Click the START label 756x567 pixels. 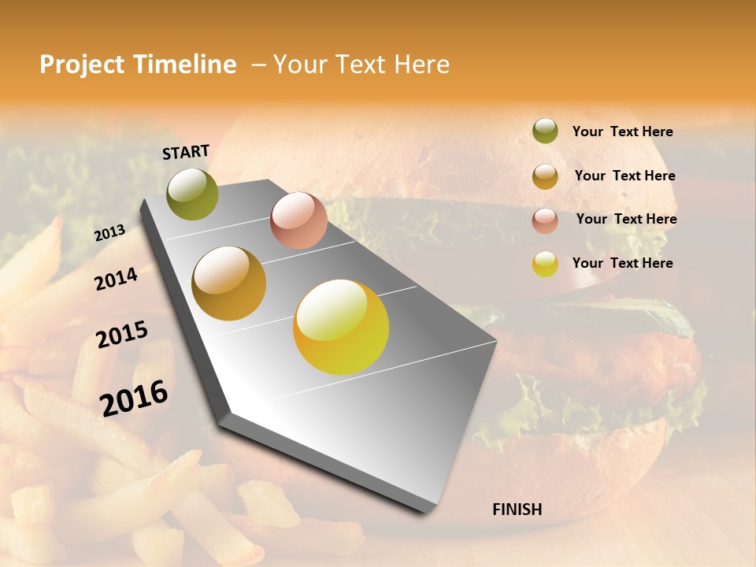[186, 152]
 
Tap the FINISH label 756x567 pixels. [517, 510]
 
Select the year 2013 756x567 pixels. [109, 233]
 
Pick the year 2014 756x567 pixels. [117, 279]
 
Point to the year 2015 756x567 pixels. [122, 335]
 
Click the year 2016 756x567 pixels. [134, 398]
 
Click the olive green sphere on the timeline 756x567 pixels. [193, 194]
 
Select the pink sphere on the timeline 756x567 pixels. [298, 220]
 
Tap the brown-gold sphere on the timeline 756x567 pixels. [229, 283]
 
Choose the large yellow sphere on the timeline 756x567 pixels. [341, 326]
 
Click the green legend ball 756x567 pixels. [545, 131]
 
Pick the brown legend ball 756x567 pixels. [545, 176]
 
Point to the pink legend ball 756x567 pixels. [545, 220]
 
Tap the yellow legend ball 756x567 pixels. [545, 264]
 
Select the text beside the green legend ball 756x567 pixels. [622, 132]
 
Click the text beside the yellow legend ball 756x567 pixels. [622, 263]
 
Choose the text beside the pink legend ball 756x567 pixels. [626, 219]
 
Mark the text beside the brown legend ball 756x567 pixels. [624, 176]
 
